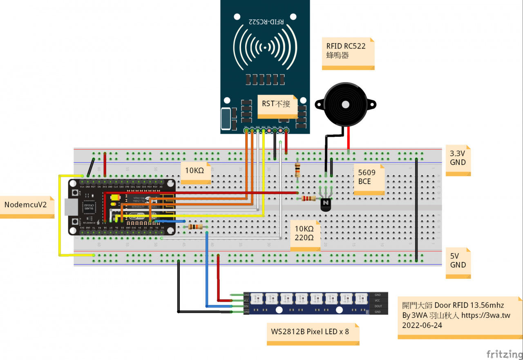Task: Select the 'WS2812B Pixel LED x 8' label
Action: [310, 331]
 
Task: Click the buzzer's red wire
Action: [349, 139]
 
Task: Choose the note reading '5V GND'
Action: [458, 261]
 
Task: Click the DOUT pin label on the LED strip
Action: [378, 306]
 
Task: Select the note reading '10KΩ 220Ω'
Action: [304, 233]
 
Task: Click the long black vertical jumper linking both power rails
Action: [416, 208]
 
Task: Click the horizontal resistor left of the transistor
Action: [308, 199]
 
